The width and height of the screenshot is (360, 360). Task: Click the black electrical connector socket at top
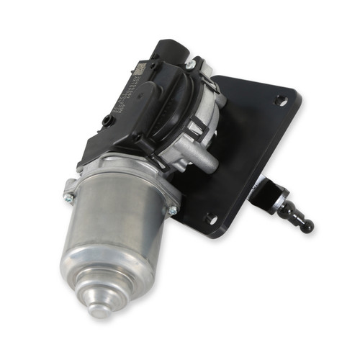(169, 53)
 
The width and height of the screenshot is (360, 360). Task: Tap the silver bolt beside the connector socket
(190, 65)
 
